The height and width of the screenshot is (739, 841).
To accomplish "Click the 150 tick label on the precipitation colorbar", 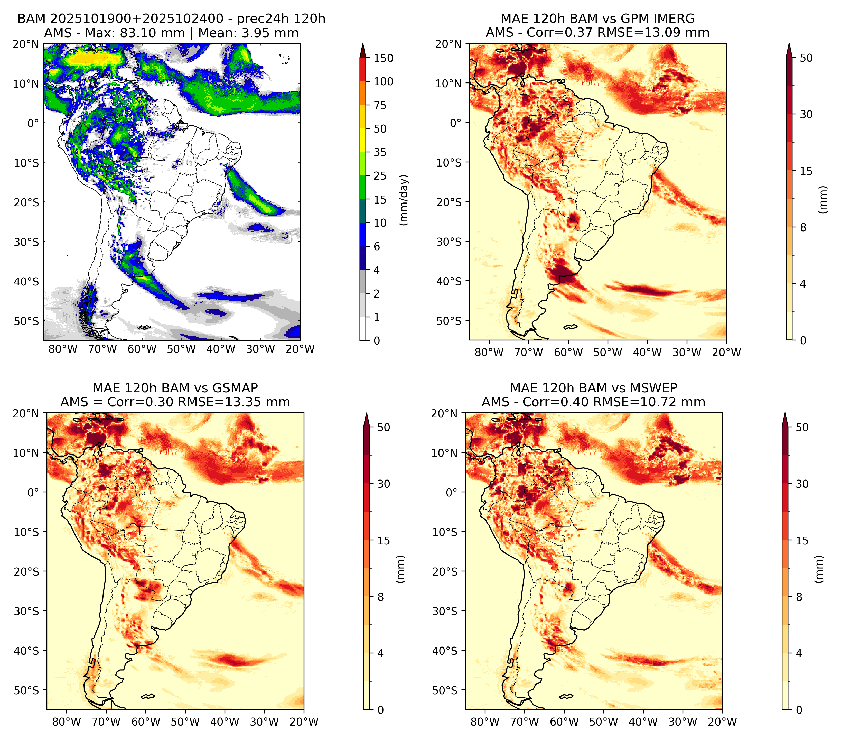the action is pos(383,58).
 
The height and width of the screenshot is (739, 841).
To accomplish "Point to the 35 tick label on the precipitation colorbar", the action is pos(380,152).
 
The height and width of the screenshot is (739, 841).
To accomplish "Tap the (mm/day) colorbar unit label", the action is pos(405,200).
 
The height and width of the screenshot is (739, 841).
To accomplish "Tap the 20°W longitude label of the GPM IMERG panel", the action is pos(726,352).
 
